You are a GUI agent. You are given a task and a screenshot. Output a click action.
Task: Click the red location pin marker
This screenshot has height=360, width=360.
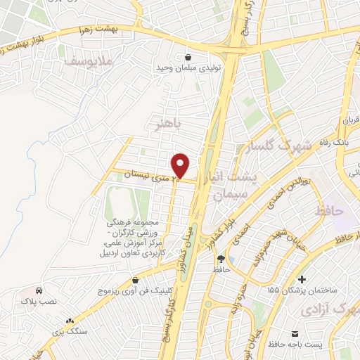coord(181,165)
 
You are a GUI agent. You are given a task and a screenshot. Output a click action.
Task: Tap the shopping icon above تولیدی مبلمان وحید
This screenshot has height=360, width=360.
coord(188,57)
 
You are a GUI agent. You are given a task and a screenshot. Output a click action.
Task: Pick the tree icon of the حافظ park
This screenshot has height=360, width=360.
coord(221,258)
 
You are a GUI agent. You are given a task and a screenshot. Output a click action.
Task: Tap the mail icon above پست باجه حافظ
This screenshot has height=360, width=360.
coord(295,331)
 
